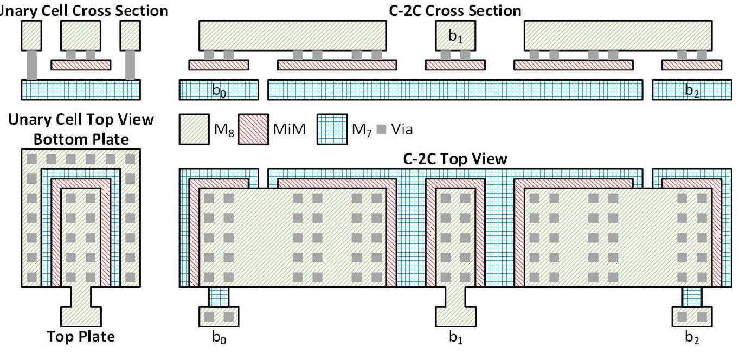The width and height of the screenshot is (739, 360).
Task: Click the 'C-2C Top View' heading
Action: click(x=454, y=159)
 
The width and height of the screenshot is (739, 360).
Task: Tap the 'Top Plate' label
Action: click(x=81, y=337)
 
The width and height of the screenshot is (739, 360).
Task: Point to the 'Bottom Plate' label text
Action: click(x=81, y=139)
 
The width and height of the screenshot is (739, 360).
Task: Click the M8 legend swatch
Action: click(x=194, y=128)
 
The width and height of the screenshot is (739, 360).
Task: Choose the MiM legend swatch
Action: click(x=253, y=128)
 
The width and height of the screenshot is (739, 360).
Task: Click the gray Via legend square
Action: click(x=381, y=129)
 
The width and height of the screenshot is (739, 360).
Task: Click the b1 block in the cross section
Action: click(x=455, y=36)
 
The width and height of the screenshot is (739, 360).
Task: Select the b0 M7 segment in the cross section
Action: click(x=219, y=90)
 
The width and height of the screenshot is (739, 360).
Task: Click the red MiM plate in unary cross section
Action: click(x=81, y=65)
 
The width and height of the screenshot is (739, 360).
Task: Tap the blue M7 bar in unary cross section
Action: click(x=81, y=89)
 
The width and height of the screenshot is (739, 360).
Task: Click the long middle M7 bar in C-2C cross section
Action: click(x=455, y=90)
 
